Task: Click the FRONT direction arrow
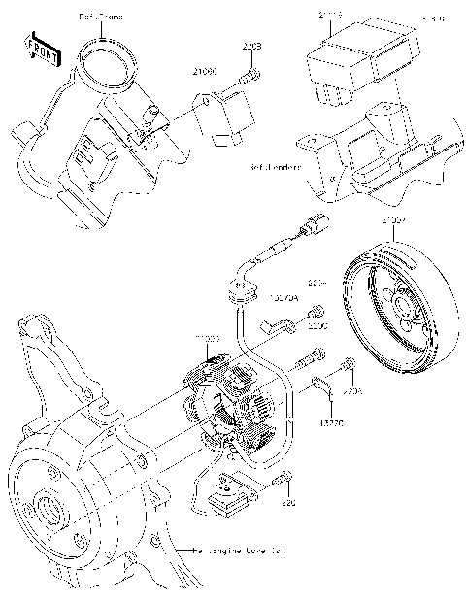(40, 50)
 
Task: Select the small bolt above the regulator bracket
(250, 71)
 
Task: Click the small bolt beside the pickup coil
(279, 478)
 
